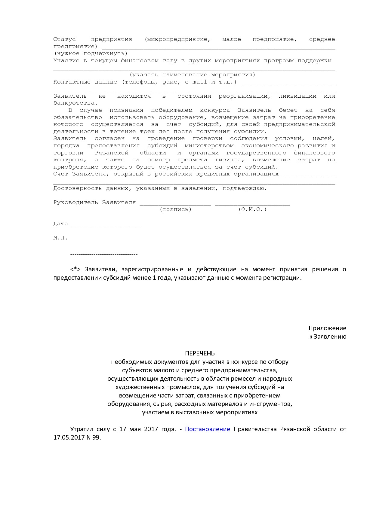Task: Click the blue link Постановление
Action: [207, 429]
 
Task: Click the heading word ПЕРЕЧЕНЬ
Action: [200, 353]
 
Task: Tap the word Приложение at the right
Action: [327, 328]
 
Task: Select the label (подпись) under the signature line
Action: [175, 209]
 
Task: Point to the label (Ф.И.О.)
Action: [252, 209]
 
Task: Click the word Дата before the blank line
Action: [61, 224]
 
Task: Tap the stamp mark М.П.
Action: [60, 238]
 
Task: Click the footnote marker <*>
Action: [76, 269]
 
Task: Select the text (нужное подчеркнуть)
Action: [91, 53]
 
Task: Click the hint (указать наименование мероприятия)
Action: [193, 75]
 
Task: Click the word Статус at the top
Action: [64, 39]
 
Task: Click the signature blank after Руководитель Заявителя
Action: [175, 203]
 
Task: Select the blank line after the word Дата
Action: [106, 225]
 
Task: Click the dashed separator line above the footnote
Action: [104, 254]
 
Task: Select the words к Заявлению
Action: [328, 337]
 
